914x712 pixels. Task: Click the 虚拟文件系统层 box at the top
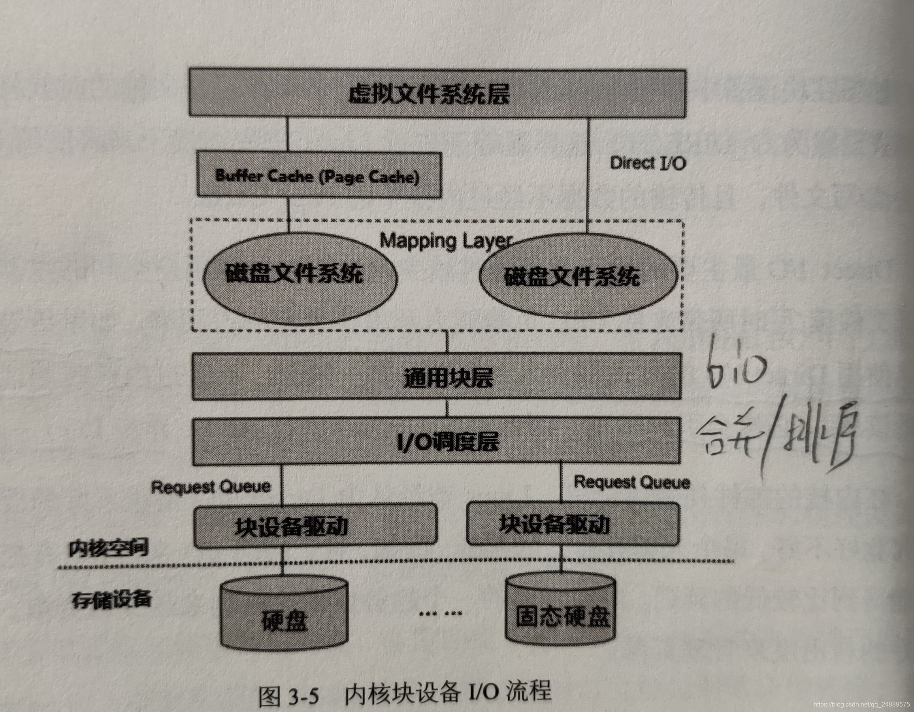437,93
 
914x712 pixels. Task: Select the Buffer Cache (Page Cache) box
318,175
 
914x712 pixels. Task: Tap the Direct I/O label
648,163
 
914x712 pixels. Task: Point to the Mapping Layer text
446,241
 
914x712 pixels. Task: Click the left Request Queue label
211,487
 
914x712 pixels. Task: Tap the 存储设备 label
111,600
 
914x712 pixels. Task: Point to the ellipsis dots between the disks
440,614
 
